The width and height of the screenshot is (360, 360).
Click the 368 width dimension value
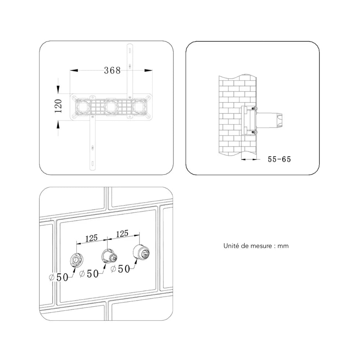point(112,70)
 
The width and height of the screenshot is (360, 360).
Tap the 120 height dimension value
point(58,106)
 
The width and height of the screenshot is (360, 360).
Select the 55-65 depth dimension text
point(279,159)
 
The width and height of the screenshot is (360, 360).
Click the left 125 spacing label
point(91,238)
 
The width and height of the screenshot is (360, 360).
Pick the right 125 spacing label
point(122,234)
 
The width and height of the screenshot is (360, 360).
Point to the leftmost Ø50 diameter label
point(59,278)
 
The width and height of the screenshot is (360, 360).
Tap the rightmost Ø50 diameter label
point(120,269)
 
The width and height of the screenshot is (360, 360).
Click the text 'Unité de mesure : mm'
point(256,246)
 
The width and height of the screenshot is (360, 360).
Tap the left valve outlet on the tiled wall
point(76,260)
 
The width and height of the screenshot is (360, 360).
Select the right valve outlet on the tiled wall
point(141,252)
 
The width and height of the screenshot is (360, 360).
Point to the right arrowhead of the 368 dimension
point(148,70)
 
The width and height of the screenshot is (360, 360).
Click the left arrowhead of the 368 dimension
point(74,70)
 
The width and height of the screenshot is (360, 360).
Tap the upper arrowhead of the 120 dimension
point(58,89)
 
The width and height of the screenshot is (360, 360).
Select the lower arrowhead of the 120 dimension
point(58,125)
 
